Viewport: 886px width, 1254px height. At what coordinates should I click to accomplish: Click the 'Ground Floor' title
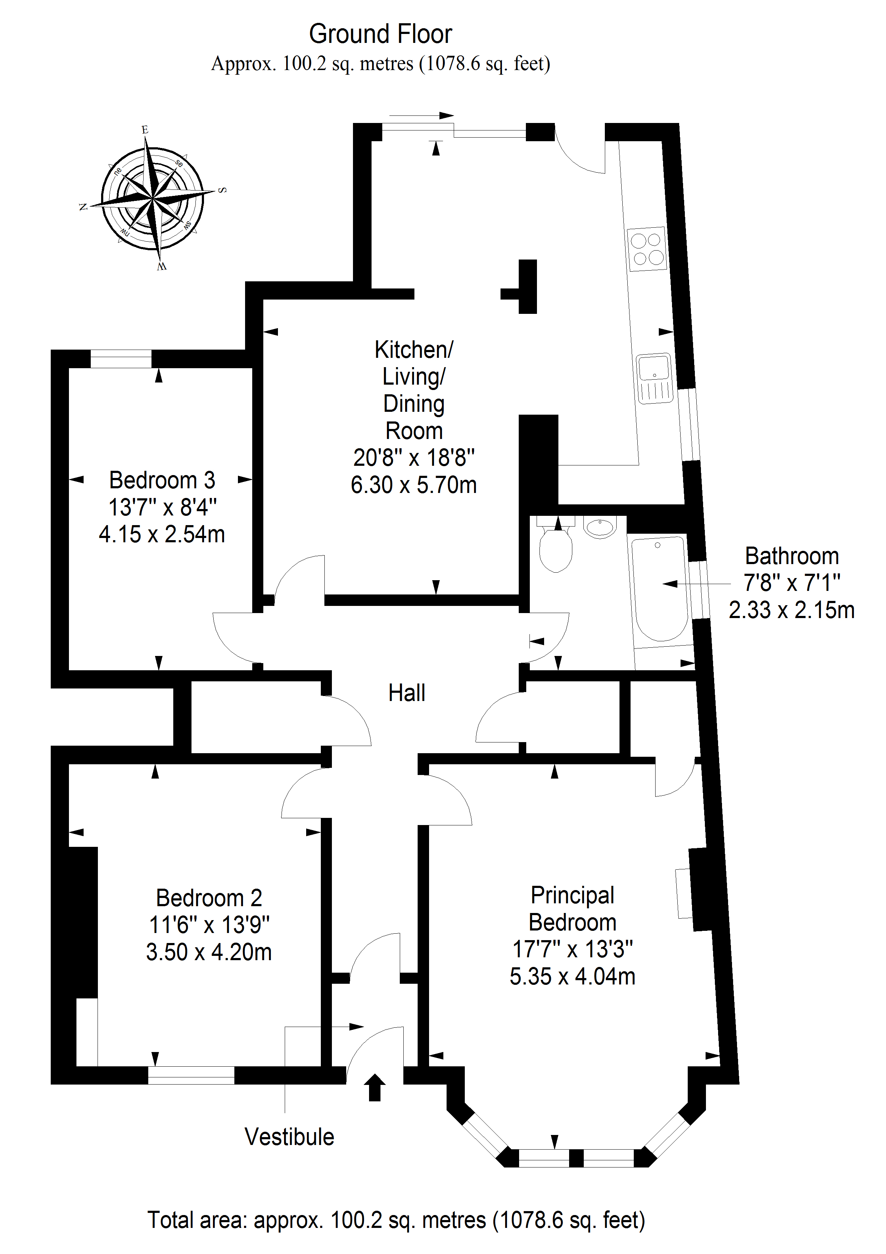(x=380, y=34)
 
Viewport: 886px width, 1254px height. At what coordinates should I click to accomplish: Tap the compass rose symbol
(x=152, y=198)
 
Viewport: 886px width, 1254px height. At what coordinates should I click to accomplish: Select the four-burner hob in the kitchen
(x=647, y=249)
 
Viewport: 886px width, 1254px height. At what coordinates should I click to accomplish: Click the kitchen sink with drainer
(x=654, y=378)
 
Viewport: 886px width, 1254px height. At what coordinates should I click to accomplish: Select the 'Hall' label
(x=407, y=693)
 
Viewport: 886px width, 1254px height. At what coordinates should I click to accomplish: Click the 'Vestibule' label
(x=289, y=1137)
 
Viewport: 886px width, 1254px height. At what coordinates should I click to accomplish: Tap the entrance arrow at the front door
(x=375, y=1087)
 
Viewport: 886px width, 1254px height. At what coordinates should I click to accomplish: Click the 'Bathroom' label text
(x=792, y=556)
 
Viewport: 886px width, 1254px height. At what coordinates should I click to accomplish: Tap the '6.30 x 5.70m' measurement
(x=414, y=485)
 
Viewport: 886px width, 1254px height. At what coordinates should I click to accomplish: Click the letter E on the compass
(x=145, y=129)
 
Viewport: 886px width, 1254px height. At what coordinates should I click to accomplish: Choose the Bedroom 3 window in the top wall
(x=121, y=359)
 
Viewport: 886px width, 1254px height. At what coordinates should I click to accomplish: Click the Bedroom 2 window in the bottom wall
(x=191, y=1075)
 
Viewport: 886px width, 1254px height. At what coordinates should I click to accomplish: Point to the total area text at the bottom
(x=396, y=1220)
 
